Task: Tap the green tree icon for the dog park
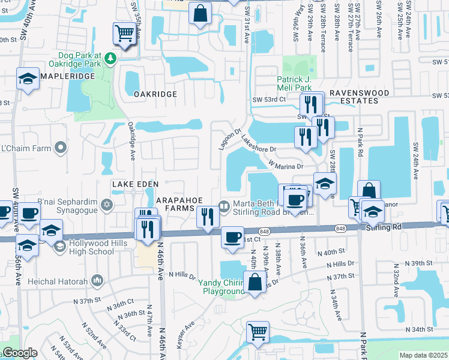click(110, 58)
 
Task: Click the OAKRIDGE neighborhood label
click(155, 94)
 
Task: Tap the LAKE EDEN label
click(134, 183)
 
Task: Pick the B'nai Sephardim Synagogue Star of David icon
click(107, 206)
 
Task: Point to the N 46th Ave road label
click(161, 276)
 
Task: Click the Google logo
click(20, 353)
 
